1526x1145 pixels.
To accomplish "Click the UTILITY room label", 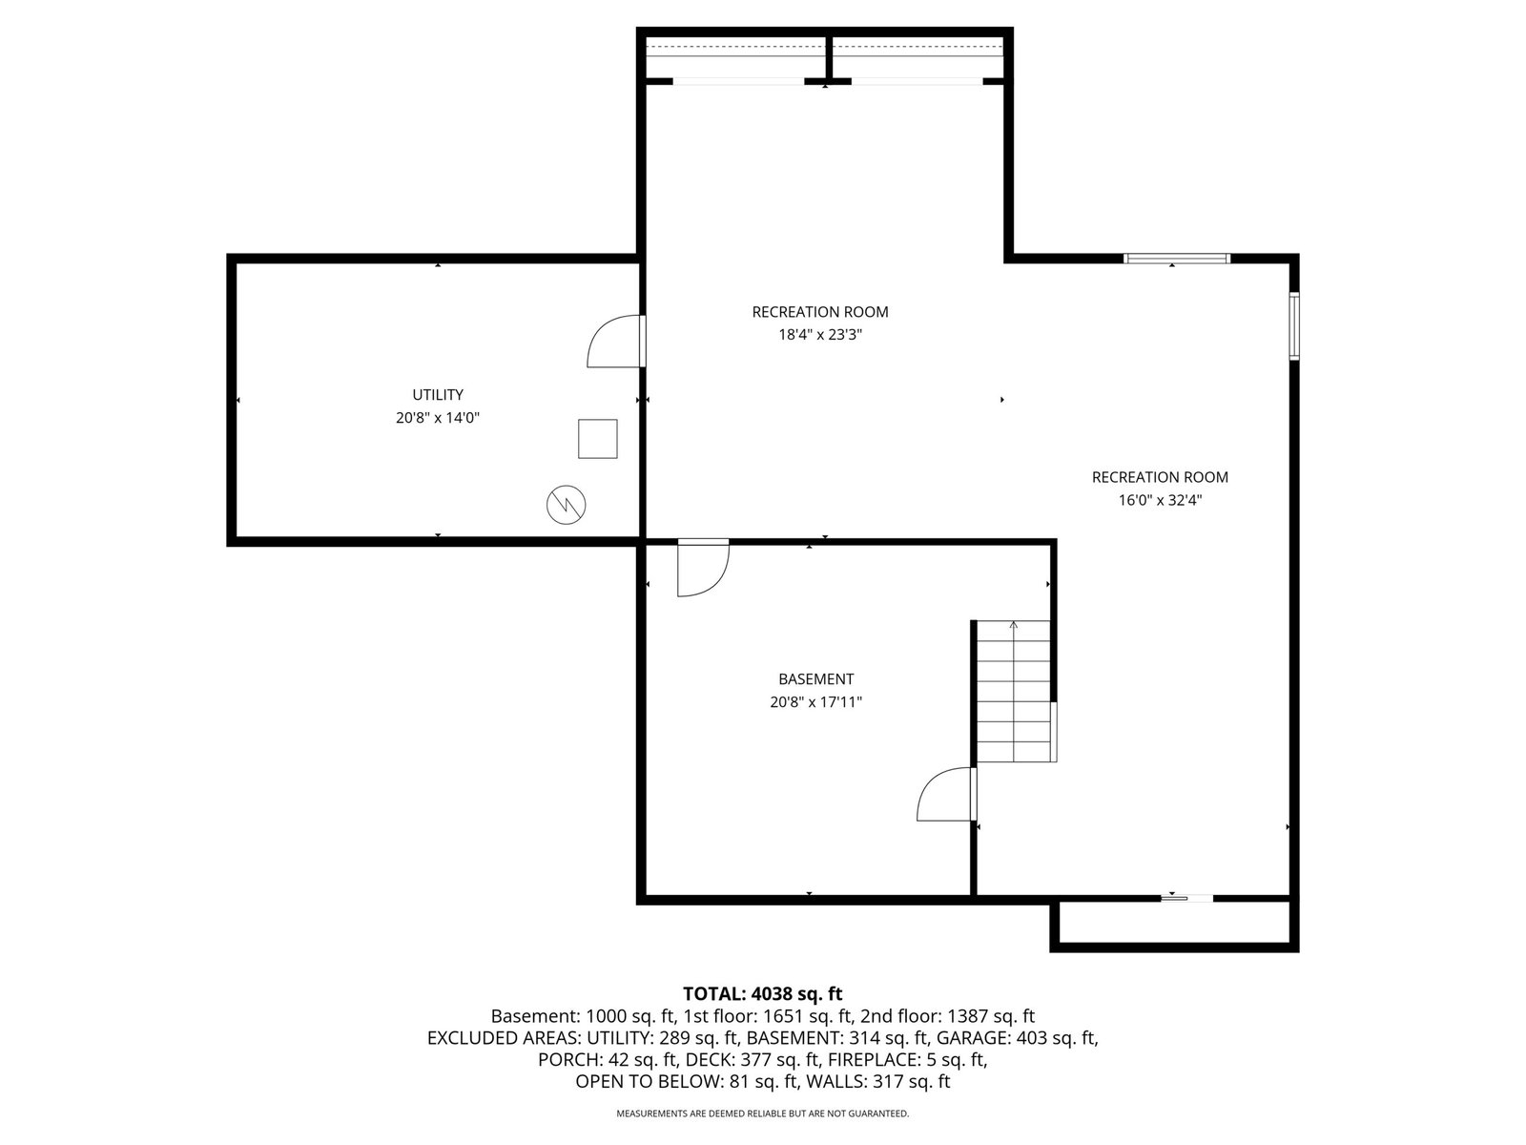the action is click(x=437, y=395).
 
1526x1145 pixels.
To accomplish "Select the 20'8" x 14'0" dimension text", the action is click(x=437, y=418).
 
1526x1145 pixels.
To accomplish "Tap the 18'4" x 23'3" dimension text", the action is click(x=819, y=335).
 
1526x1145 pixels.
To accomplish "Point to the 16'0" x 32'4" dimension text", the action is click(x=1160, y=501).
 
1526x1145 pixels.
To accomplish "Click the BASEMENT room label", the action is click(x=815, y=679).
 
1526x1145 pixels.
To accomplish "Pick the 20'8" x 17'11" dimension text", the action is click(x=815, y=702).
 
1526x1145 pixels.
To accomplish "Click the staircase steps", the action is click(x=1014, y=691).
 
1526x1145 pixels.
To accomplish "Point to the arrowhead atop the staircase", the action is click(x=1014, y=624).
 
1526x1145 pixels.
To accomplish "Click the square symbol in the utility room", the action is click(x=597, y=439).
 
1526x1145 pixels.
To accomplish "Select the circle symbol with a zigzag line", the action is click(x=566, y=505).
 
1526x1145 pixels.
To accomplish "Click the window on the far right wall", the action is click(x=1294, y=326).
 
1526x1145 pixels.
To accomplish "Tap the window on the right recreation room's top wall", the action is click(x=1177, y=259).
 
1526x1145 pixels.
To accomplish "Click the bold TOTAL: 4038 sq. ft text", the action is click(x=763, y=993).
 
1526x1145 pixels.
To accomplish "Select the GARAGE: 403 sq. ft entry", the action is click(x=1017, y=1038).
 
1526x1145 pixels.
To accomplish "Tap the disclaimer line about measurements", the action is click(x=763, y=1114).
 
